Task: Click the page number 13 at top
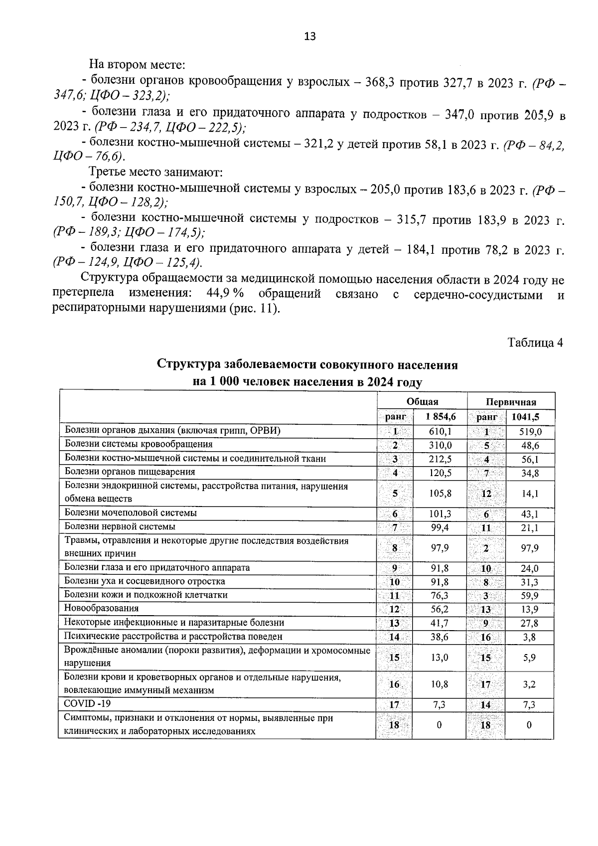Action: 309,36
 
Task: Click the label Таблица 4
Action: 535,343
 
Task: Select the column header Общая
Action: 422,402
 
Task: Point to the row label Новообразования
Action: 101,608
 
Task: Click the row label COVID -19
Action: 87,704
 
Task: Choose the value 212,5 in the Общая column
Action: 440,459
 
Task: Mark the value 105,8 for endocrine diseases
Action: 440,494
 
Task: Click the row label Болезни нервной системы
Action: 120,526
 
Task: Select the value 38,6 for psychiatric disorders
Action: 440,637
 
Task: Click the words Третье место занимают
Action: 155,172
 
